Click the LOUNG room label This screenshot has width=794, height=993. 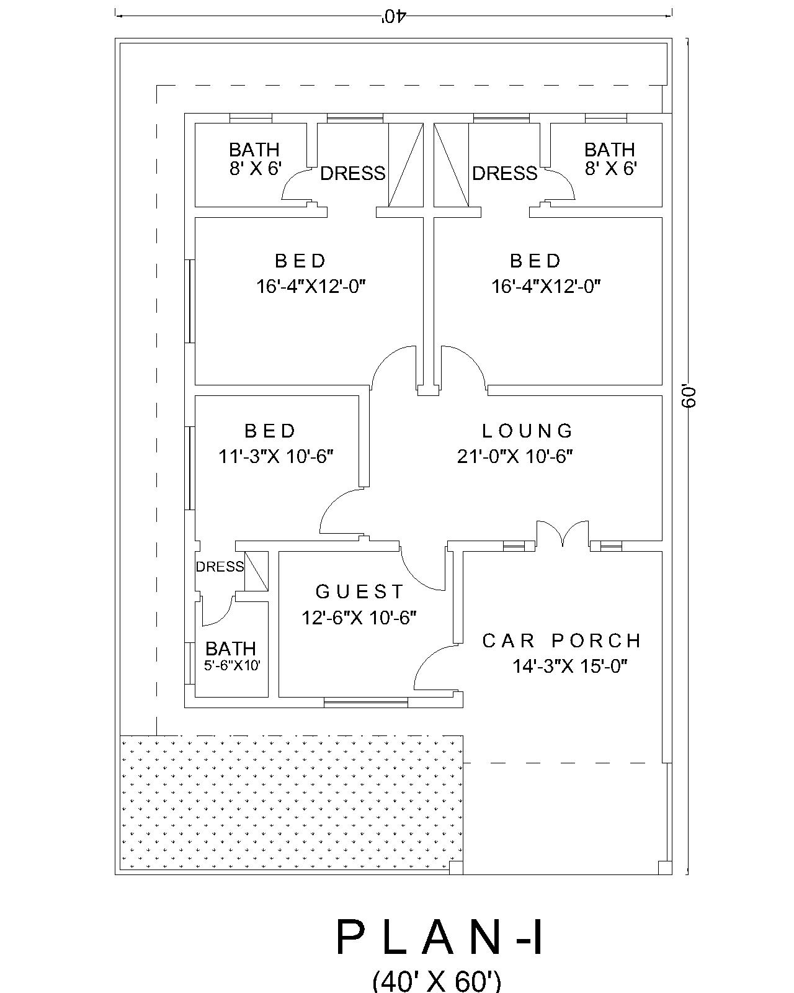point(527,431)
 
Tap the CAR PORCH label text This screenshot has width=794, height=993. point(561,640)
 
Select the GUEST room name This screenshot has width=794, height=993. point(359,591)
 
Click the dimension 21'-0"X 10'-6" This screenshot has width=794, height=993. point(515,456)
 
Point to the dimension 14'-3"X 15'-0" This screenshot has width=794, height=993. point(570,667)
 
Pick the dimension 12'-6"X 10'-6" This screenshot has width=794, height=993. point(359,618)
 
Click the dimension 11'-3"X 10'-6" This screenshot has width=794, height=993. point(275,457)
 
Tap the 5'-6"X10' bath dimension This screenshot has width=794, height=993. point(232,665)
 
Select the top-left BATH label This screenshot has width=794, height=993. point(254,150)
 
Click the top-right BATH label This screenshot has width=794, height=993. point(609,150)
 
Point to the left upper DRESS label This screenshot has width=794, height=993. point(353,174)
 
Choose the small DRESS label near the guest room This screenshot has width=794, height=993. point(220,567)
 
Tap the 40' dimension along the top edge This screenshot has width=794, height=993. point(393,17)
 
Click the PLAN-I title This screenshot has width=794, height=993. point(440,937)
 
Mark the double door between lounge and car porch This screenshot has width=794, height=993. point(563,534)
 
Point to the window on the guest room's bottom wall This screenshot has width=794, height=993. point(366,703)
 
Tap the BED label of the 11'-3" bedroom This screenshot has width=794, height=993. point(269,431)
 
